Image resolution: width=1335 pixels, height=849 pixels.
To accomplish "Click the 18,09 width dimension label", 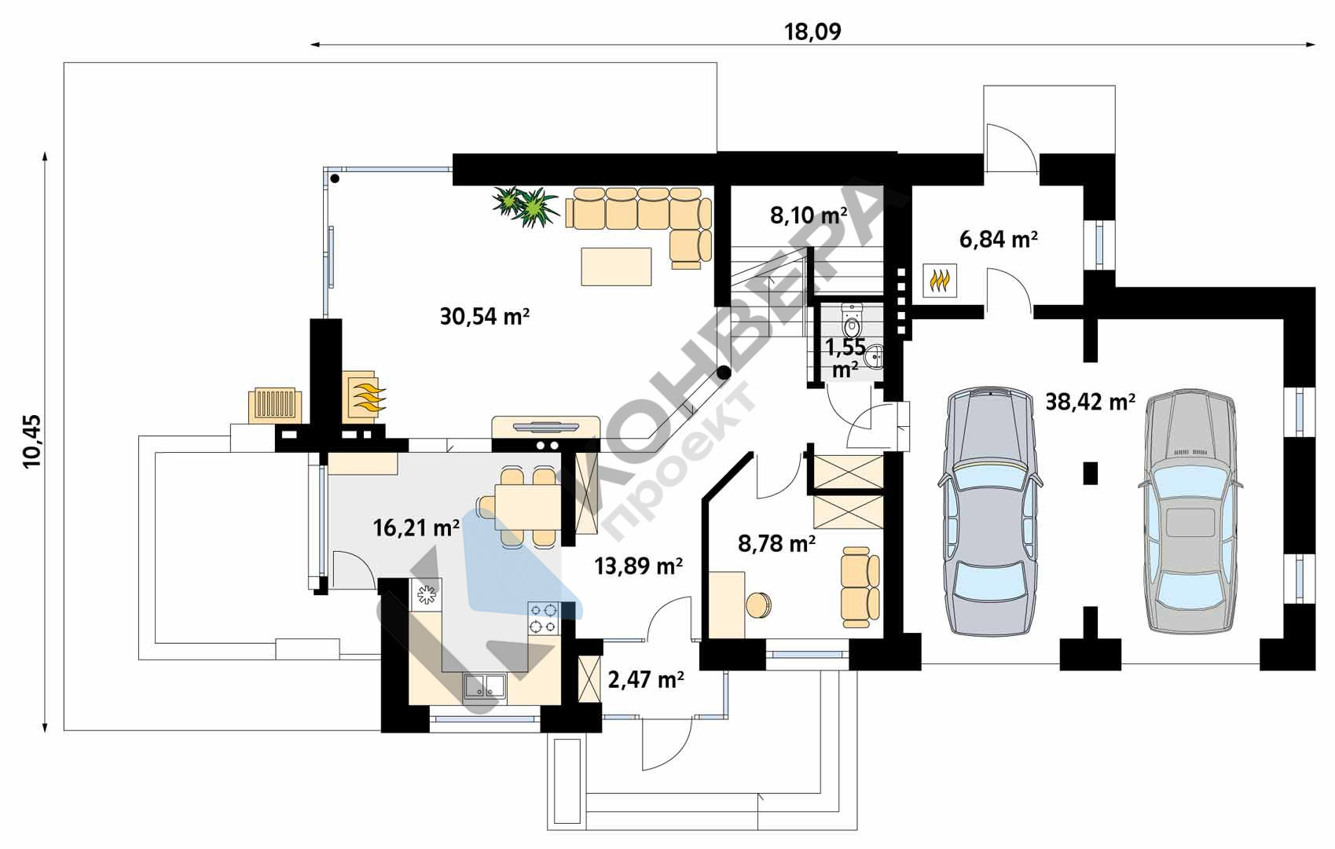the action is [812, 31].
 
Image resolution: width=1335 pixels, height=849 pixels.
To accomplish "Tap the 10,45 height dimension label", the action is [32, 441].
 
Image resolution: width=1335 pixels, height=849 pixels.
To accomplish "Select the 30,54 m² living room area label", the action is [485, 316].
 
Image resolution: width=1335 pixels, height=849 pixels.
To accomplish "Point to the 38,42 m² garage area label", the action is [1090, 402].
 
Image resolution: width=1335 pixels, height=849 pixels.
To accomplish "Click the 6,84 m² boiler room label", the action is [998, 239].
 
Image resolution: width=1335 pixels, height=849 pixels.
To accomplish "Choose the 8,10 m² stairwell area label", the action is [809, 215].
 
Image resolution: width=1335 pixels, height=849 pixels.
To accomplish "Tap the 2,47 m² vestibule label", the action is [645, 679].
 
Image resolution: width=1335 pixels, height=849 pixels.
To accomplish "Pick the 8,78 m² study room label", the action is [776, 543].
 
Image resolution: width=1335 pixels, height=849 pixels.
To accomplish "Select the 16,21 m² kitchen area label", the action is [416, 527].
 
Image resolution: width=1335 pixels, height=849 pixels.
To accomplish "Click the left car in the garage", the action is [990, 512].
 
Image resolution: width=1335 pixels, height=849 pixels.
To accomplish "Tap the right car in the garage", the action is [1190, 512].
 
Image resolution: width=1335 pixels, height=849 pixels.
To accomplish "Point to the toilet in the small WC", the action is [853, 320].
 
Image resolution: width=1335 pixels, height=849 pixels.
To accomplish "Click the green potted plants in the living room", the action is [524, 207].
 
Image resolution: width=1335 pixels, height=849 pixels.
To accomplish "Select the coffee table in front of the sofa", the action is [616, 266].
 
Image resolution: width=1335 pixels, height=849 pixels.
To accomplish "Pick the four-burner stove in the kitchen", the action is [544, 618].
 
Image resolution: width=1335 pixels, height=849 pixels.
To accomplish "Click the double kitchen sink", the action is [485, 685].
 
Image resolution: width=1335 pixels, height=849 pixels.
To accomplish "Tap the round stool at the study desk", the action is [759, 605].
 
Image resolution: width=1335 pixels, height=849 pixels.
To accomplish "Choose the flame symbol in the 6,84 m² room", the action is [940, 280].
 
